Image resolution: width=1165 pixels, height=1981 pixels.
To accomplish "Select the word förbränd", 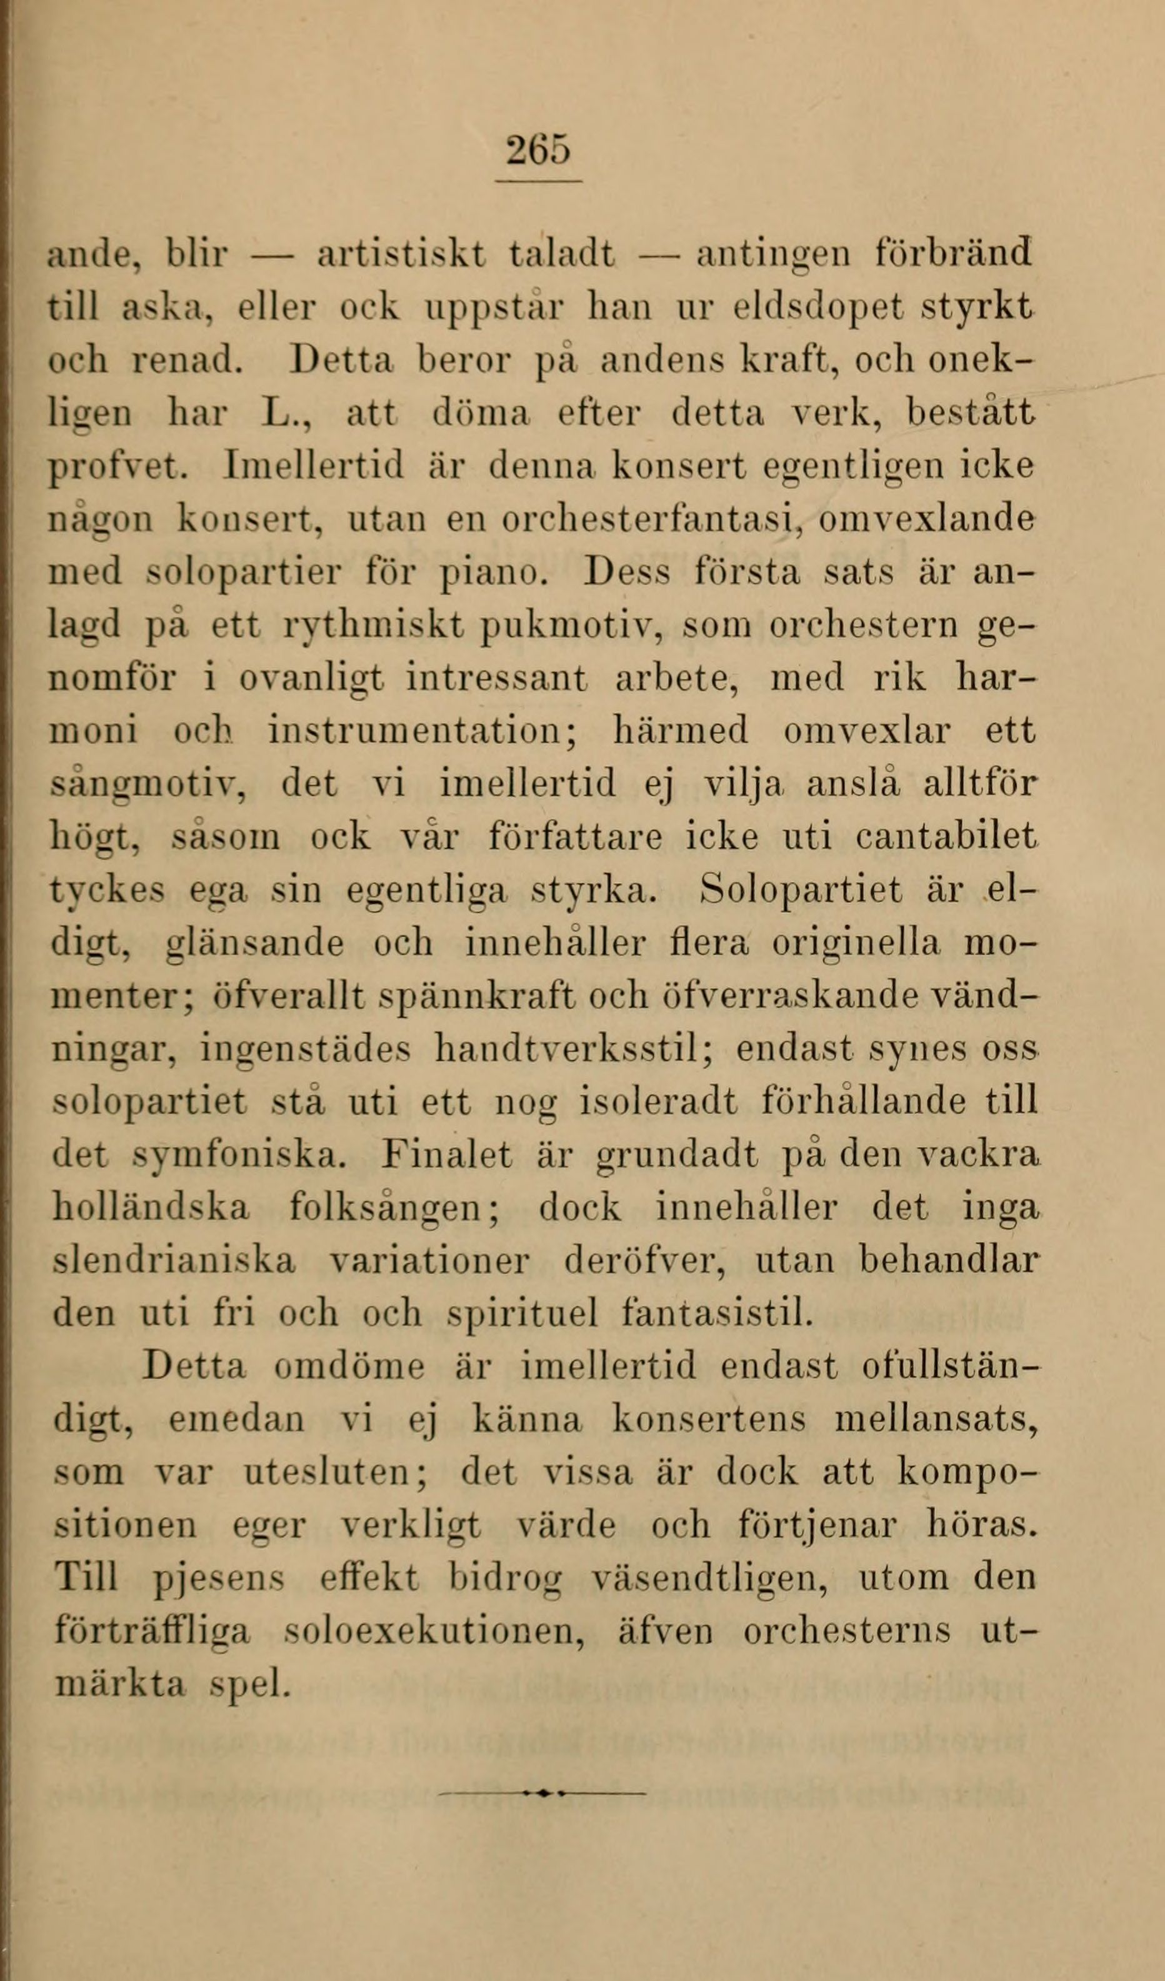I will point(952,254).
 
